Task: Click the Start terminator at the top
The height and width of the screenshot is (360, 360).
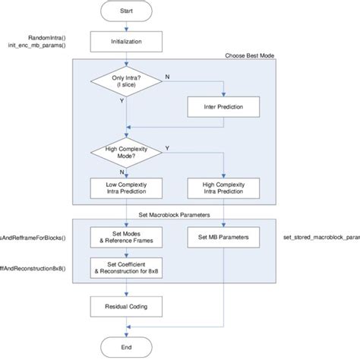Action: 126,11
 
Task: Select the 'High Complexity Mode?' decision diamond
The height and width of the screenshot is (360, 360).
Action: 126,155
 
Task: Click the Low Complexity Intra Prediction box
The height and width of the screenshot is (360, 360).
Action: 126,187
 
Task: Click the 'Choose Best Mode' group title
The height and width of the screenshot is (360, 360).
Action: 250,55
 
